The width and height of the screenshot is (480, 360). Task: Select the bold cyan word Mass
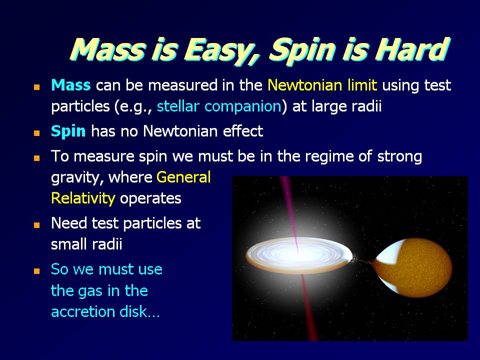70,85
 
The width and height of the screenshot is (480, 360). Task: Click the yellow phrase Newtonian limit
322,85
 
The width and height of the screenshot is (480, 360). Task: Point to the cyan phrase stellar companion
219,106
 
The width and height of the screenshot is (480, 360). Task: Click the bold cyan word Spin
68,131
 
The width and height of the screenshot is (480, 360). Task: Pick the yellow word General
183,177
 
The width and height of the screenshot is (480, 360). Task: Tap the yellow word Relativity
83,198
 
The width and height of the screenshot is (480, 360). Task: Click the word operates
150,199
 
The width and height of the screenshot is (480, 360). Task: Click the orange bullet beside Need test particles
36,225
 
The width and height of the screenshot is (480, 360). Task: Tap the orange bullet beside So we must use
36,271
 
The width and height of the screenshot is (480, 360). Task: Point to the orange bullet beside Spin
36,133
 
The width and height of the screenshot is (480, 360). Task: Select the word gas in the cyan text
90,291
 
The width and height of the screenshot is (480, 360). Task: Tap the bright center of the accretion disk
297,253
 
